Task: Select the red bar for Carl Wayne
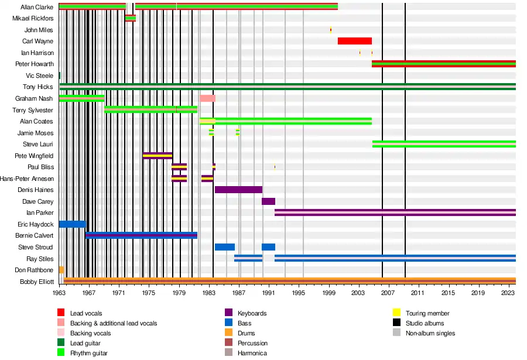pyautogui.click(x=354, y=41)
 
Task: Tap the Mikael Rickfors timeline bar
pyautogui.click(x=130, y=18)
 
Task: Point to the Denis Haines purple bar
pyautogui.click(x=238, y=190)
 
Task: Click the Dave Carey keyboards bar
pyautogui.click(x=268, y=201)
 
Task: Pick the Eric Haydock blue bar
pyautogui.click(x=72, y=224)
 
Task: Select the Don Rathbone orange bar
pyautogui.click(x=61, y=270)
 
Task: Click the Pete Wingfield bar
pyautogui.click(x=158, y=156)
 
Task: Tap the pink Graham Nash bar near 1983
pyautogui.click(x=207, y=98)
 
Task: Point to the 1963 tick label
pyautogui.click(x=59, y=293)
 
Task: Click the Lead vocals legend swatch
pyautogui.click(x=61, y=313)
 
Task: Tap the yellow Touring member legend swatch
pyautogui.click(x=396, y=313)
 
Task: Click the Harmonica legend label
pyautogui.click(x=252, y=353)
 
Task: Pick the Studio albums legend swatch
pyautogui.click(x=396, y=323)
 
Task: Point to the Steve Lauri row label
pyautogui.click(x=38, y=144)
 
